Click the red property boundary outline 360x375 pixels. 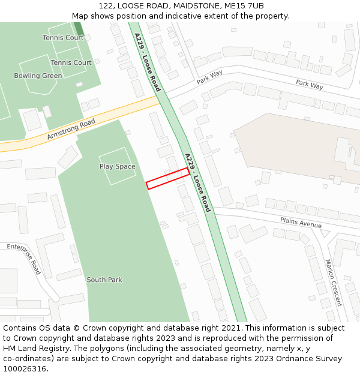pos(168,179)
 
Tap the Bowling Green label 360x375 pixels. pos(38,76)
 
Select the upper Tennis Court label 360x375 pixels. pos(63,38)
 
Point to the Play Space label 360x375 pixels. pos(117,167)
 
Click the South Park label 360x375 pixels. pos(104,280)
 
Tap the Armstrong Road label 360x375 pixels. pos(71,130)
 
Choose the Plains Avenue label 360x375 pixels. pos(301,223)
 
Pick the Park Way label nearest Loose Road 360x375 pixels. pos(209,77)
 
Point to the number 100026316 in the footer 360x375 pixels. pos(25,368)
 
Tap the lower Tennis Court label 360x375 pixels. pos(71,63)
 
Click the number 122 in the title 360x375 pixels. pos(106,6)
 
